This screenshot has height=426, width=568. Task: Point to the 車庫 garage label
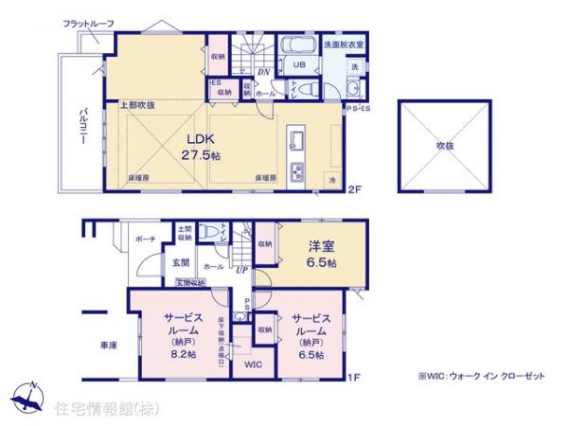click(x=107, y=346)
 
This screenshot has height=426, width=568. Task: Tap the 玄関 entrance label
click(x=181, y=262)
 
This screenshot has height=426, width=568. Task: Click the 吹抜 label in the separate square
click(x=445, y=146)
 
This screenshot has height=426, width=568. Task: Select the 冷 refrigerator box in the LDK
click(x=332, y=178)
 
